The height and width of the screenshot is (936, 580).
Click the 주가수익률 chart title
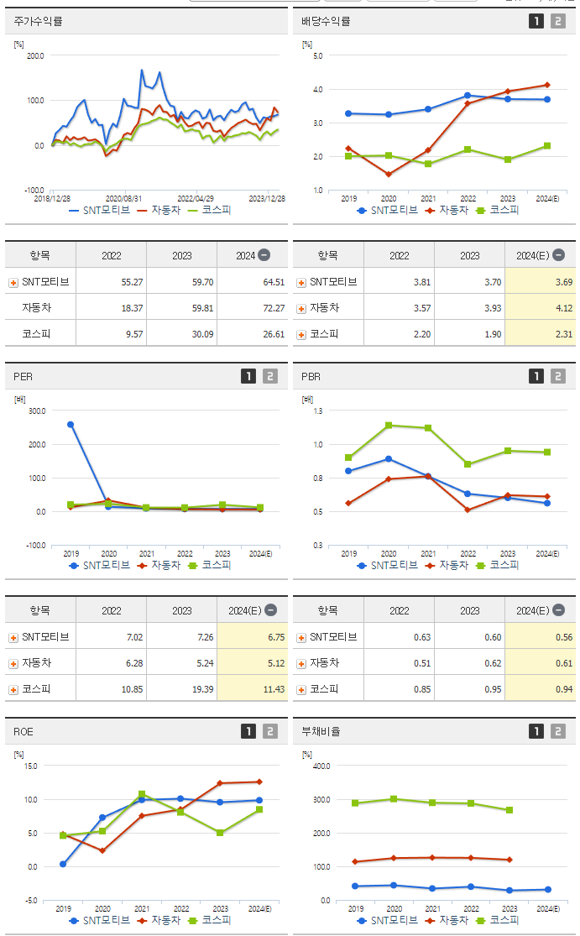(x=39, y=21)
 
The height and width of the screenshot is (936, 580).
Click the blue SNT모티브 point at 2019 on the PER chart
(x=71, y=425)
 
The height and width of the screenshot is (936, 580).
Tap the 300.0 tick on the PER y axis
(x=36, y=410)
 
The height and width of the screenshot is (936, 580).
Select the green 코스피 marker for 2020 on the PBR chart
(x=389, y=426)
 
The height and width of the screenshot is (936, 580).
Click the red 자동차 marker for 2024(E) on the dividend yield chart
(x=547, y=85)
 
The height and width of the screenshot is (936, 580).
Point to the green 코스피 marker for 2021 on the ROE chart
(x=142, y=794)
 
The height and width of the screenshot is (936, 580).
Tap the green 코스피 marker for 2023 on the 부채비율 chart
(x=509, y=810)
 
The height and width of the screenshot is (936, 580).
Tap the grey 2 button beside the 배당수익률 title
(x=558, y=21)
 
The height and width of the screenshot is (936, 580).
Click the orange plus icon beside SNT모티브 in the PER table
(x=13, y=637)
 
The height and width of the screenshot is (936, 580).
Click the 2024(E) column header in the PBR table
(x=534, y=610)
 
